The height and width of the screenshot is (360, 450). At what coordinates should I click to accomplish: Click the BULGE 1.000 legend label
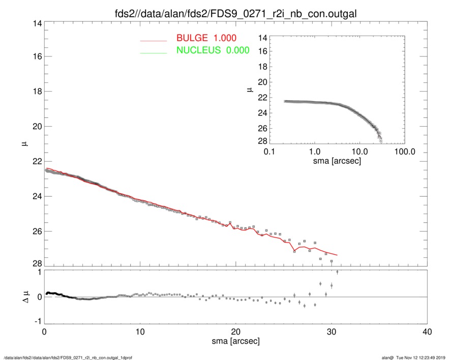(x=206, y=38)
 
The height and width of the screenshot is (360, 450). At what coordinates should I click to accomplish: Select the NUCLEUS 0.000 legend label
(x=213, y=50)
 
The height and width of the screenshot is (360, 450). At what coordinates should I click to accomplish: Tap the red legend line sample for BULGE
(x=153, y=40)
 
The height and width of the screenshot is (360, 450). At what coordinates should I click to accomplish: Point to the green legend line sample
(x=153, y=52)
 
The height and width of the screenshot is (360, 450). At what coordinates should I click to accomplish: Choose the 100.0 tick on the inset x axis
(x=404, y=152)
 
